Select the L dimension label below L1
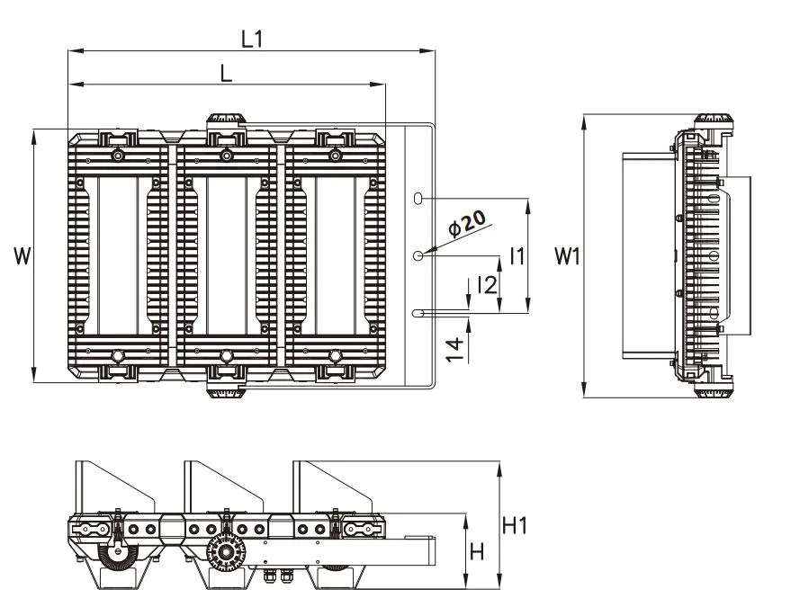226,74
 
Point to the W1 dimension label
566,256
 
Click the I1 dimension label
516,255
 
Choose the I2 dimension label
487,286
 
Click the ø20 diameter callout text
467,222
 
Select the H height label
477,551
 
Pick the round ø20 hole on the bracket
418,256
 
